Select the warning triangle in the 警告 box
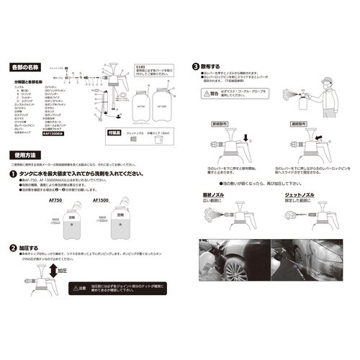coord(203,91)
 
